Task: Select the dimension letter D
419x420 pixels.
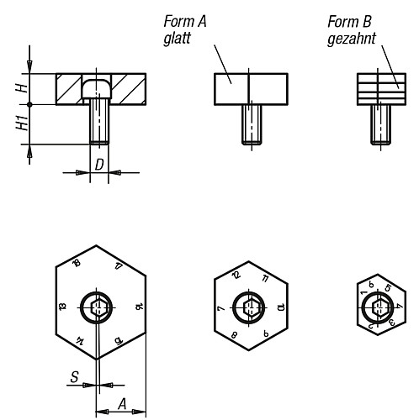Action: point(98,164)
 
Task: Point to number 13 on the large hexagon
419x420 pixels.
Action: point(61,307)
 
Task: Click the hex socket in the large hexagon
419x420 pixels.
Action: point(98,307)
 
